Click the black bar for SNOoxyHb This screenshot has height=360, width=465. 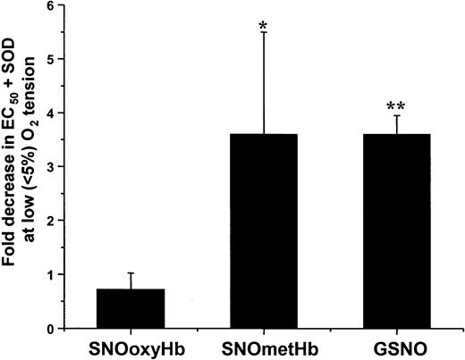[x=130, y=308]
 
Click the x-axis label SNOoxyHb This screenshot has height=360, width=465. [x=130, y=347]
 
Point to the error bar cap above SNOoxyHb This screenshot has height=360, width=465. [x=130, y=273]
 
